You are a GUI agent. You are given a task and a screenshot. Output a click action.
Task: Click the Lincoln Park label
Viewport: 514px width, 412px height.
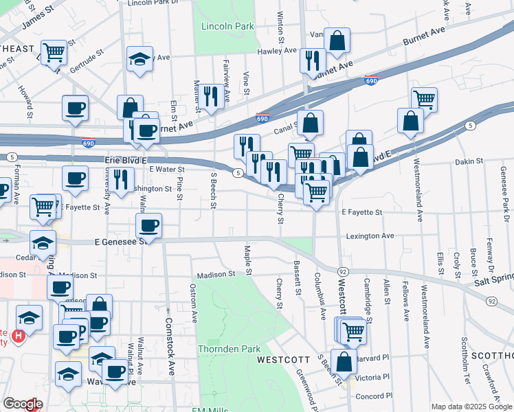[x=227, y=27]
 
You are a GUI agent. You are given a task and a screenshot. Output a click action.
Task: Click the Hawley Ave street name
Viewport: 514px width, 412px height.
[x=276, y=51]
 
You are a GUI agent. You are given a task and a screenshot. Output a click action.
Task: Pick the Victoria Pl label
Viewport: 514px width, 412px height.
[x=375, y=377]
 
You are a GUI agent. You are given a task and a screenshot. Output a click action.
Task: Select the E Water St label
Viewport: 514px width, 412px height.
[x=165, y=169]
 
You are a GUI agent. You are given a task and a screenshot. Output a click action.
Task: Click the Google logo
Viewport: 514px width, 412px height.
[x=23, y=404]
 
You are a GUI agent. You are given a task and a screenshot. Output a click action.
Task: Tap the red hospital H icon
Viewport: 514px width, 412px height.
[x=19, y=337]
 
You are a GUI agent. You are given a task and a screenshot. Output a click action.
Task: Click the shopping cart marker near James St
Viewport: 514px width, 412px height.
[x=54, y=51]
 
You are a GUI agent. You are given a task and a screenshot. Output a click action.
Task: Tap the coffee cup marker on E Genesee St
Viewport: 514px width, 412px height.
[x=148, y=225]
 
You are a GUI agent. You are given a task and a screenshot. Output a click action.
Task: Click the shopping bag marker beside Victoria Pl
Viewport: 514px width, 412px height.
[x=344, y=361]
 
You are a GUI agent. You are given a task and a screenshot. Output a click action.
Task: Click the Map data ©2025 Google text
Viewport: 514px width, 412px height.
[x=471, y=407]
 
